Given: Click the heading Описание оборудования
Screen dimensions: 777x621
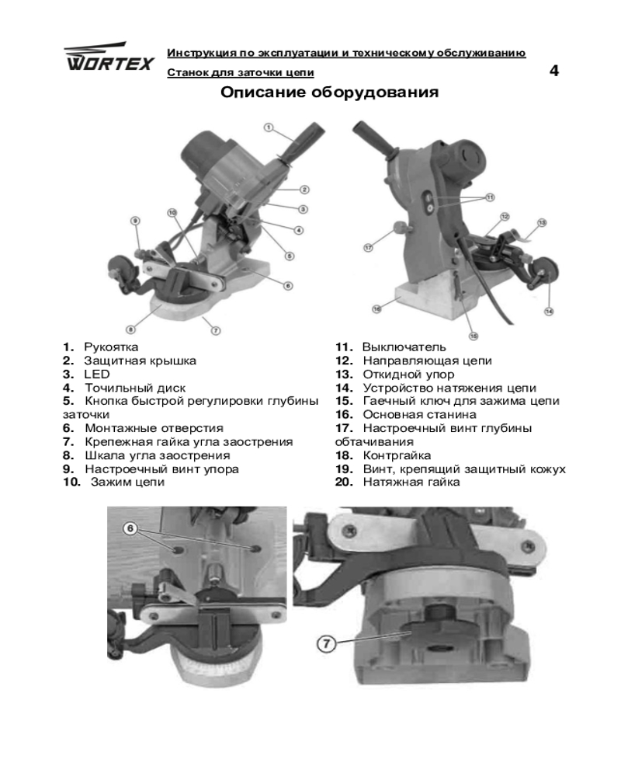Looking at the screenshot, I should (330, 94).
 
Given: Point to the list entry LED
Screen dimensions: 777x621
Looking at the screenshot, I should (98, 374).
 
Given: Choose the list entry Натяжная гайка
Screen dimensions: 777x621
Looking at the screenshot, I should (411, 482).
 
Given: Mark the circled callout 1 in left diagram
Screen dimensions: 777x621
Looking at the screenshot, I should (268, 127).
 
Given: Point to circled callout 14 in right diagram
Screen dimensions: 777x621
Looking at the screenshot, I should (549, 311).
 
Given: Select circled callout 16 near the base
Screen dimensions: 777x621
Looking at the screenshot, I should (376, 308).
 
